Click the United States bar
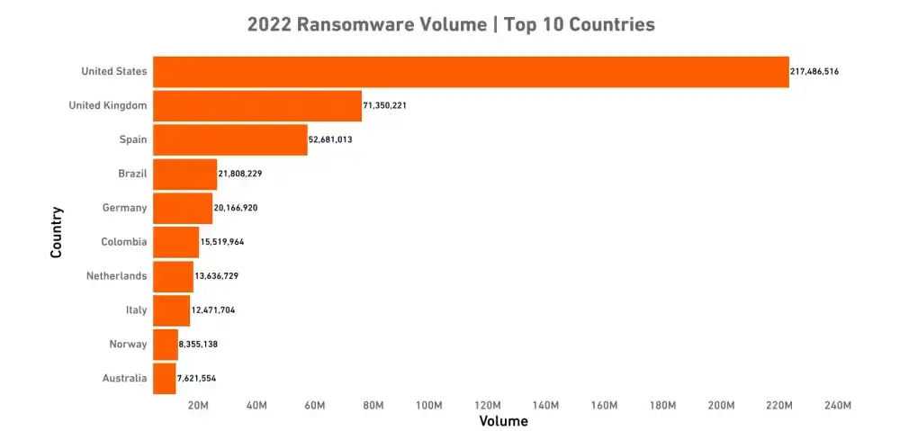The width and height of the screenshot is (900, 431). tap(470, 72)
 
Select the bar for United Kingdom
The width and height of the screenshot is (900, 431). tap(257, 106)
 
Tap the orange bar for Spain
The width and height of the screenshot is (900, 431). tap(230, 140)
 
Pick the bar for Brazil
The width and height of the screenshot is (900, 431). tap(184, 174)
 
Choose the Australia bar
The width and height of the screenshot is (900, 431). tap(164, 379)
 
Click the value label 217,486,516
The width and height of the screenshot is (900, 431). tap(814, 71)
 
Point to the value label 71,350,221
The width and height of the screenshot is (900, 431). tap(385, 105)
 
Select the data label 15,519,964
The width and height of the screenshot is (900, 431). tap(222, 242)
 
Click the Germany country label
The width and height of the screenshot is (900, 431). tap(124, 208)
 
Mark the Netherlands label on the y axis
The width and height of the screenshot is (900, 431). tap(116, 276)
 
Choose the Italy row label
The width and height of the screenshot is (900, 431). tap(136, 310)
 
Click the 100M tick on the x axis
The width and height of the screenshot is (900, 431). tap(429, 406)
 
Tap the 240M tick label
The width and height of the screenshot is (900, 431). tap(837, 406)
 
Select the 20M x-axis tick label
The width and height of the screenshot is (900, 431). tap(198, 406)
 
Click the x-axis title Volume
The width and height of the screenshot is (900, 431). tap(503, 421)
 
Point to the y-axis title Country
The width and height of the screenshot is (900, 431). tap(57, 232)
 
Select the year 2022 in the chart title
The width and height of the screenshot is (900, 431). tap(269, 24)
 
